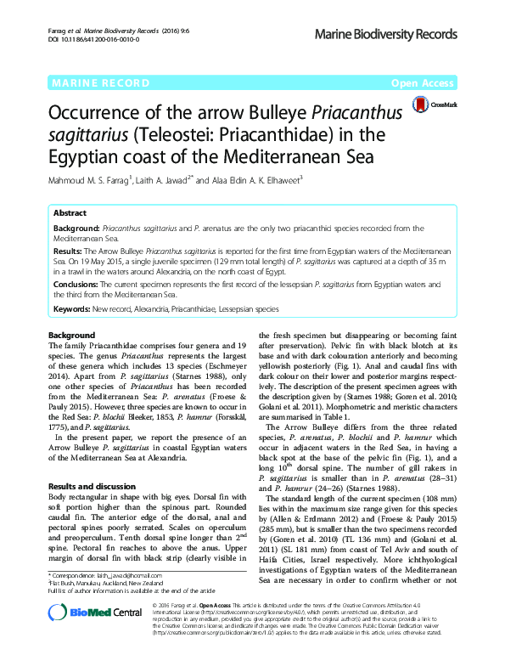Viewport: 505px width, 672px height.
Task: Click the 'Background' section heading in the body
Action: click(x=72, y=336)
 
